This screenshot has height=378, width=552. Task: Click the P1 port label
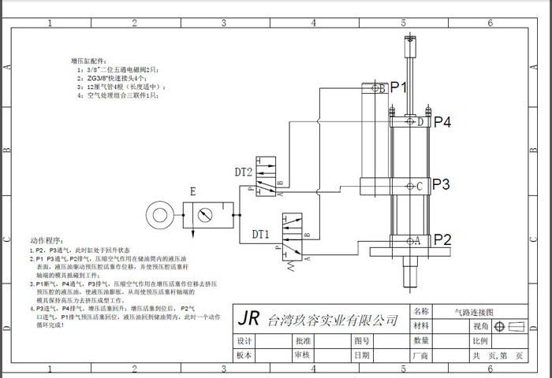pyautogui.click(x=397, y=88)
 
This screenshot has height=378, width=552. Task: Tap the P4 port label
pyautogui.click(x=442, y=122)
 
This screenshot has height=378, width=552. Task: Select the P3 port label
pyautogui.click(x=441, y=185)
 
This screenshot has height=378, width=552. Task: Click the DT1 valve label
pyautogui.click(x=261, y=234)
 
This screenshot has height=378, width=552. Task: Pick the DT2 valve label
pyautogui.click(x=244, y=172)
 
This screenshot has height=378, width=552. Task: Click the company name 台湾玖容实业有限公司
pyautogui.click(x=334, y=321)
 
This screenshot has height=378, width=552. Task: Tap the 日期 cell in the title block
pyautogui.click(x=362, y=355)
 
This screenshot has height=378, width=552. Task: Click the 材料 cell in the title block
pyautogui.click(x=421, y=326)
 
